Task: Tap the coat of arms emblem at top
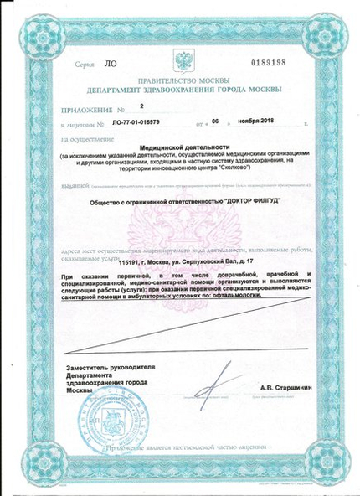click(179, 60)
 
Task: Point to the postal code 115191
click(131, 263)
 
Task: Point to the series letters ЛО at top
click(85, 63)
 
